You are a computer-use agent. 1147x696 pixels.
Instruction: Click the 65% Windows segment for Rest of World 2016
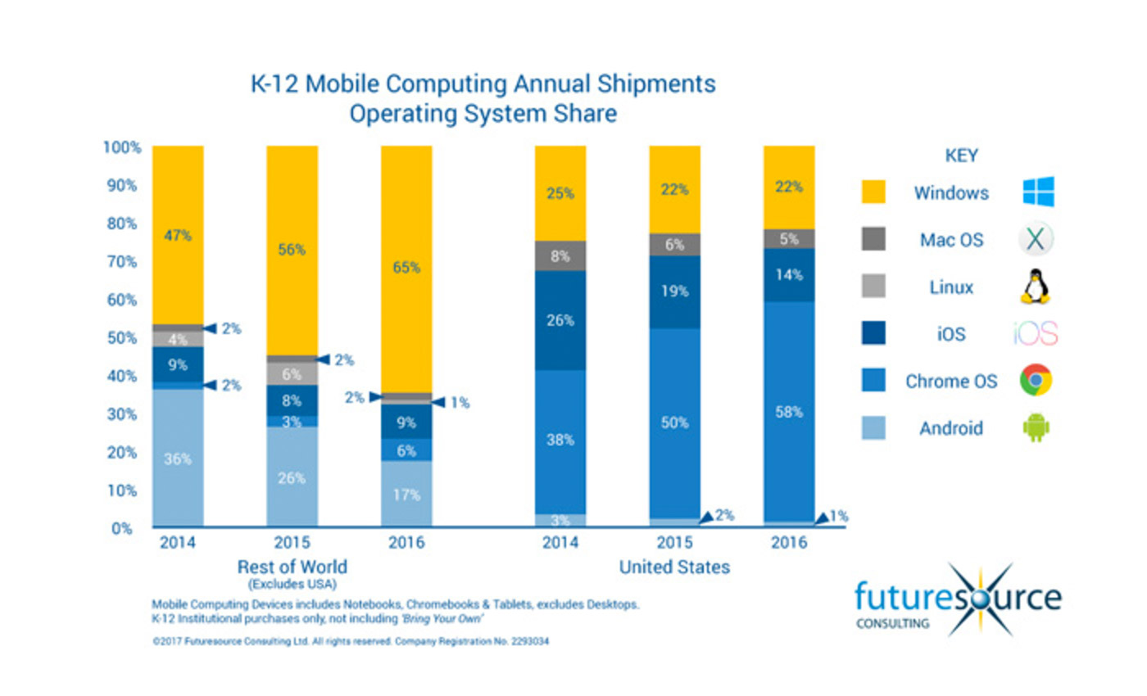(x=406, y=269)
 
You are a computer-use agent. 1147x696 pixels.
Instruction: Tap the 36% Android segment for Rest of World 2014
(x=177, y=458)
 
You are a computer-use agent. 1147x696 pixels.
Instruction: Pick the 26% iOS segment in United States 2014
(x=560, y=320)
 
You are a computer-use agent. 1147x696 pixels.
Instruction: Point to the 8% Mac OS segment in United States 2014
(x=560, y=255)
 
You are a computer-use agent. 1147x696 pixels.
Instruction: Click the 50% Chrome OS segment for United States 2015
(x=674, y=423)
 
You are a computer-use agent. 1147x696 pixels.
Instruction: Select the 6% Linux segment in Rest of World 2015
(x=292, y=373)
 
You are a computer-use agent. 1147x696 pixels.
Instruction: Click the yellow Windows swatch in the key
(x=873, y=192)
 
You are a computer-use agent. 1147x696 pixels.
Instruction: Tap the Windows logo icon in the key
(x=1037, y=192)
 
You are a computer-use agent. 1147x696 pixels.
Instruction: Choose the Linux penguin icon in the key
(x=1036, y=287)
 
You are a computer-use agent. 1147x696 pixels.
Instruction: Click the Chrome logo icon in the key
(x=1036, y=380)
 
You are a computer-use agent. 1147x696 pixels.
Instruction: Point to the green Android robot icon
(x=1036, y=427)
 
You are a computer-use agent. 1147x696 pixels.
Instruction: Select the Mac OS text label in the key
(x=950, y=240)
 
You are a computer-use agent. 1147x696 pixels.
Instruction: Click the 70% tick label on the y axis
(x=121, y=262)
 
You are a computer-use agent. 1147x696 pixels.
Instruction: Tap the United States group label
(x=674, y=567)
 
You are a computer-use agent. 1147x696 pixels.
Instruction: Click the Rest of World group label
(x=292, y=567)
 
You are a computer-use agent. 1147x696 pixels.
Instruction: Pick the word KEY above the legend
(x=961, y=156)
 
